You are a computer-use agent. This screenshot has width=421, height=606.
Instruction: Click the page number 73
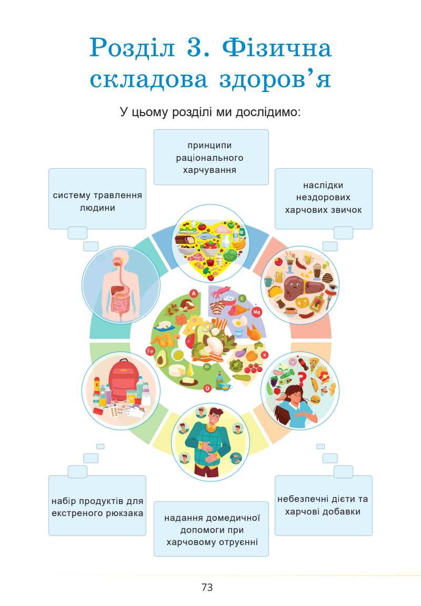click(x=207, y=587)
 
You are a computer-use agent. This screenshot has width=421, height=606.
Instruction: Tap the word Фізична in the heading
click(x=277, y=49)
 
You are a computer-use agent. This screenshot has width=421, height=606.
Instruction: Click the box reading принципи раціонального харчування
click(x=211, y=157)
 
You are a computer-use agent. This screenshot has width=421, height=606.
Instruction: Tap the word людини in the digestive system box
click(x=97, y=208)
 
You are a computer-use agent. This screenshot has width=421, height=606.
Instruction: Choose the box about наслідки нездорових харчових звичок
click(x=323, y=198)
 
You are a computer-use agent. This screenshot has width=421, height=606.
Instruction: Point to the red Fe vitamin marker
click(x=150, y=351)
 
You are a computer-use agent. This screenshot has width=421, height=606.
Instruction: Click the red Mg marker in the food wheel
click(x=257, y=312)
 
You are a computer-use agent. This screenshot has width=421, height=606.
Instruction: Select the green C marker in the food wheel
click(x=243, y=299)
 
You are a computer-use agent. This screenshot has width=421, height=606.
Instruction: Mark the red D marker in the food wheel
click(x=207, y=388)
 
